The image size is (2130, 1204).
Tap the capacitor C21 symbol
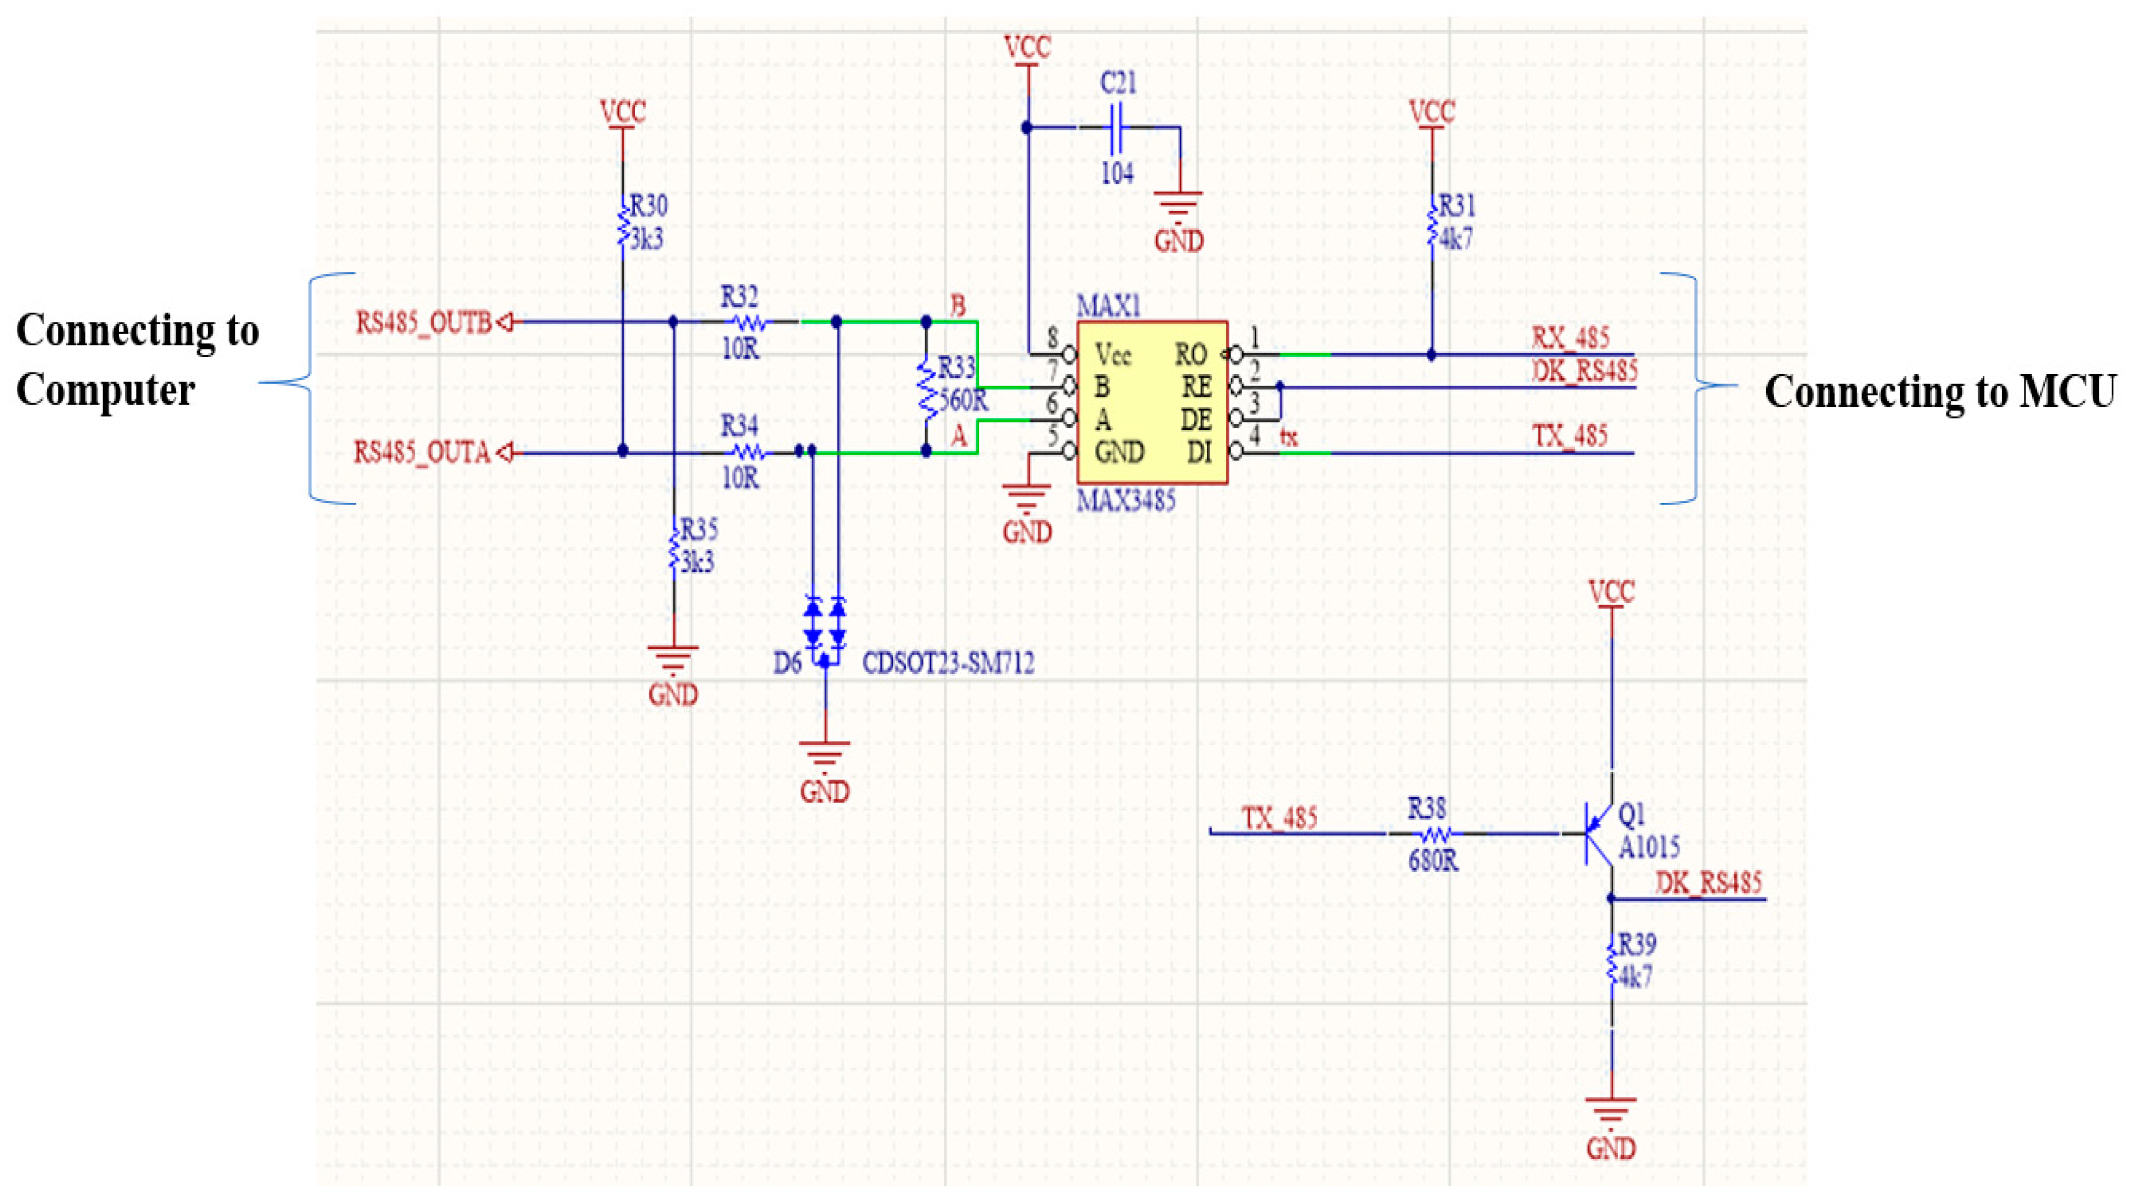(1117, 128)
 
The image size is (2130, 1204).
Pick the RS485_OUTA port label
(423, 453)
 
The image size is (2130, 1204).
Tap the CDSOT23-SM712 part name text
(948, 663)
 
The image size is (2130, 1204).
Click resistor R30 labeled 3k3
(622, 223)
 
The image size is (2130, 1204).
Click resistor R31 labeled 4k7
(1431, 223)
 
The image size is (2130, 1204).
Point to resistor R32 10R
(746, 322)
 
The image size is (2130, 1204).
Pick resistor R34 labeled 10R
(746, 452)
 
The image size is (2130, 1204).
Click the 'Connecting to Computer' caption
(137, 359)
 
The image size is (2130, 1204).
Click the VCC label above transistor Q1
(1612, 592)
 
